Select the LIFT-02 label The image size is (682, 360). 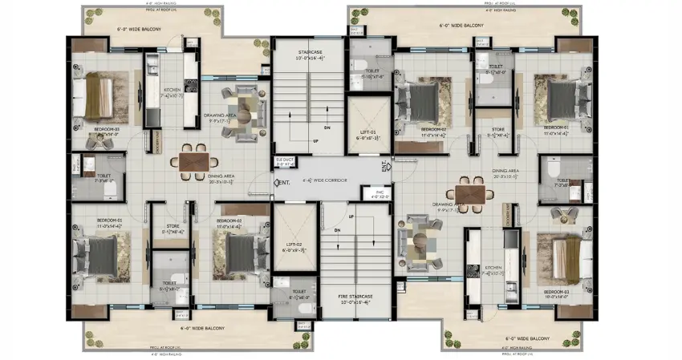click(x=293, y=246)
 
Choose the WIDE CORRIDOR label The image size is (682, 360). click(x=327, y=180)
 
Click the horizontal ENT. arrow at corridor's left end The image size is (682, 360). click(x=280, y=183)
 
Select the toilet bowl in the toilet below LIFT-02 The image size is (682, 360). click(x=302, y=306)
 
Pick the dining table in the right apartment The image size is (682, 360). click(x=470, y=195)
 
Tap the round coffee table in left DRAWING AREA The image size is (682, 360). click(x=242, y=110)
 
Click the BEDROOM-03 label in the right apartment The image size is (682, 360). click(x=556, y=292)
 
